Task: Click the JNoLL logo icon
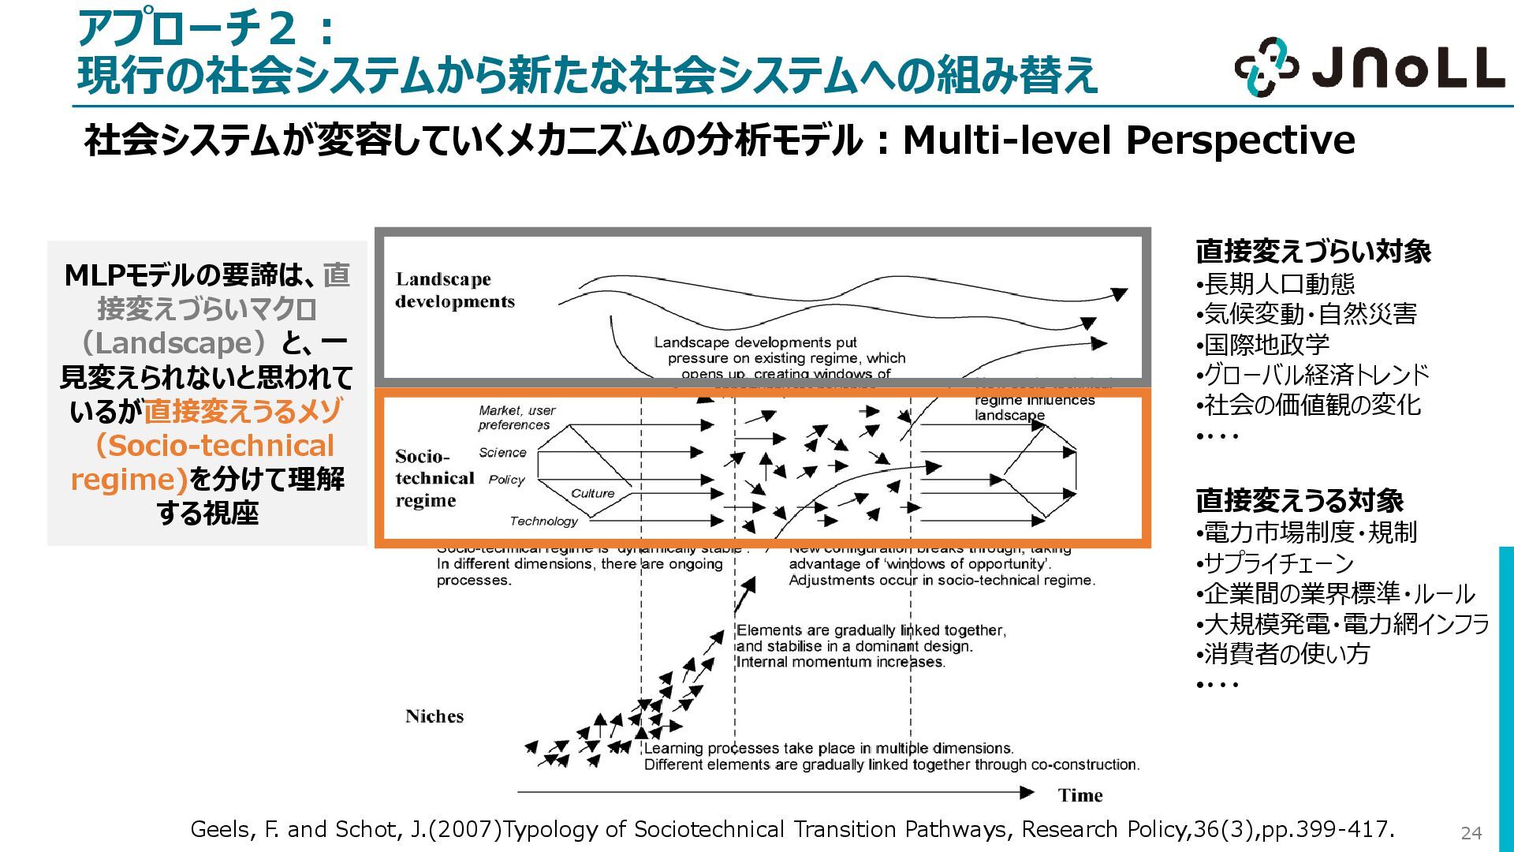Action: point(1266,67)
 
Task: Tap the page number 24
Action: point(1471,833)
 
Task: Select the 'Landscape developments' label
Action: point(455,290)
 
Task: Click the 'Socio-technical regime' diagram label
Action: point(434,478)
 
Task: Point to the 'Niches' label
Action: point(434,716)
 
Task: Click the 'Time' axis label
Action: point(1080,795)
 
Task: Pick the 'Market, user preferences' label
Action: point(516,417)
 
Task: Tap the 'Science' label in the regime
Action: point(502,453)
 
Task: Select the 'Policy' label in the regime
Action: point(506,480)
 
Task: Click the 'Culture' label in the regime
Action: point(592,494)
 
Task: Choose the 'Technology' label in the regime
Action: point(543,521)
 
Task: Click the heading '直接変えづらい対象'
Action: point(1313,252)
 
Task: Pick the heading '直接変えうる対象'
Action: point(1300,501)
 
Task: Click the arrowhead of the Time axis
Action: point(1027,792)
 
